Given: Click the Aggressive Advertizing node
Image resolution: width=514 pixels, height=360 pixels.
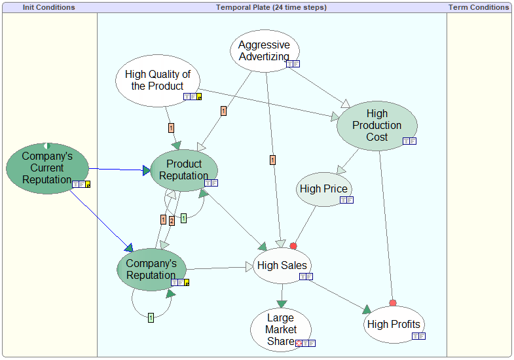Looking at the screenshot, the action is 265,51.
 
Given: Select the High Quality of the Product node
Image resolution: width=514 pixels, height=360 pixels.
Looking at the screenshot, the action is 158,81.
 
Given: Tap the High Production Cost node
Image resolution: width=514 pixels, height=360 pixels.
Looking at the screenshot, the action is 377,126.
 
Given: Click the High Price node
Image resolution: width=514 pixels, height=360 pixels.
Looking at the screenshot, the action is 324,189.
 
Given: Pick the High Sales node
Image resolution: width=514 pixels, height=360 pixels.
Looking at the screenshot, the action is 282,265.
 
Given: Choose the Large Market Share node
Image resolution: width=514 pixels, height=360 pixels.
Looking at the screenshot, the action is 281,329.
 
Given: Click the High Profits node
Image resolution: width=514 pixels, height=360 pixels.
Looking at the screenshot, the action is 394,324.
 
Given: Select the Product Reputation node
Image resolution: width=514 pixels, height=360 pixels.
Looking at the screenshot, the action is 184,170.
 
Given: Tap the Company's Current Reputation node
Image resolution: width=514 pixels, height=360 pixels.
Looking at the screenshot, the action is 47,168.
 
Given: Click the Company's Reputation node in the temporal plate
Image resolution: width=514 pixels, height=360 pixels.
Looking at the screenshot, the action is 151,269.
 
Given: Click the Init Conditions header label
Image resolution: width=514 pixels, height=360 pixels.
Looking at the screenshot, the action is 49,7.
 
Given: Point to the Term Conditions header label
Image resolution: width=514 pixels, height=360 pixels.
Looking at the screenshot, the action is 479,7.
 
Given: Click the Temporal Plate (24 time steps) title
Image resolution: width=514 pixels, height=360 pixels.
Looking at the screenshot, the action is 272,7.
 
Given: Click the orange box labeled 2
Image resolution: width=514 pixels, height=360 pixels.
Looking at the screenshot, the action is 172,221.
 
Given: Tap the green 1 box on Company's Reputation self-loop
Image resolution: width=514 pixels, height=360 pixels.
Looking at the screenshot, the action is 151,317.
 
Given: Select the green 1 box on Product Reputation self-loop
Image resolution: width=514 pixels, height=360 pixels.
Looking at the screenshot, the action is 183,218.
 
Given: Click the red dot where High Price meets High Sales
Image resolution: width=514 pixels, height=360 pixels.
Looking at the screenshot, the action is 293,245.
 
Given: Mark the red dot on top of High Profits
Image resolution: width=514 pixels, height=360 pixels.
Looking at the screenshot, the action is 393,303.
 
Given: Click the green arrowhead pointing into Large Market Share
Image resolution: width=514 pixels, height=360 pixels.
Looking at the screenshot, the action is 282,304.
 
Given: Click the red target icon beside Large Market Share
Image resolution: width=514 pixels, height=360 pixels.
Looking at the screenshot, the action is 299,343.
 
